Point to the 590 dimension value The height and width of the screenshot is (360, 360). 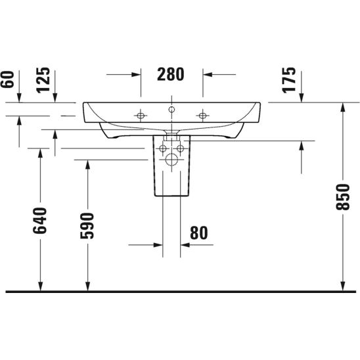(x=88, y=226)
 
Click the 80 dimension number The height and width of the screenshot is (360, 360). (x=198, y=232)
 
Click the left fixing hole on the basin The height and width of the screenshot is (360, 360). (x=139, y=116)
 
